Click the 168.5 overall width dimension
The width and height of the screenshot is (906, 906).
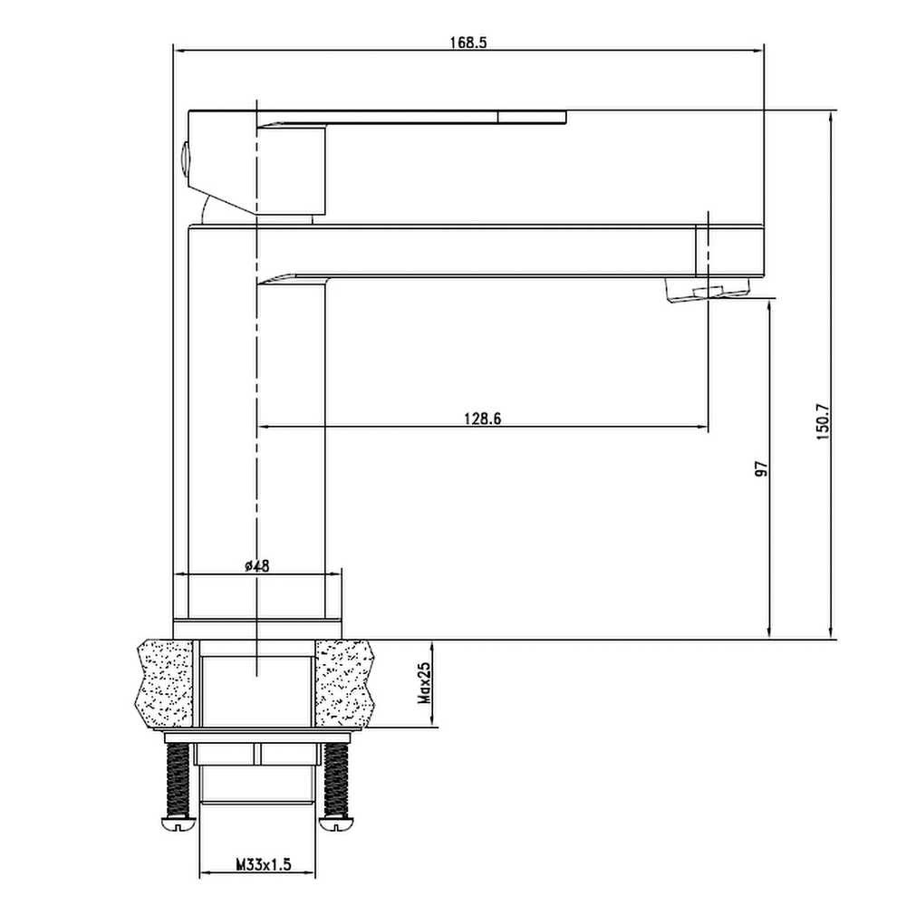468,43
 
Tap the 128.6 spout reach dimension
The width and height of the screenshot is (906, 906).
483,419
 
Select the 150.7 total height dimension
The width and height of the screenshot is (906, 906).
824,422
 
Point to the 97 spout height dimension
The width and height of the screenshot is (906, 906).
762,468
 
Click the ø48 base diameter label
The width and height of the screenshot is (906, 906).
257,565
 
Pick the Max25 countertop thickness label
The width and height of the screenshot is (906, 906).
425,683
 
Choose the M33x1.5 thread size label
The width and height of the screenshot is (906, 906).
264,865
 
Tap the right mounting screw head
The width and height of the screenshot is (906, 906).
336,823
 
